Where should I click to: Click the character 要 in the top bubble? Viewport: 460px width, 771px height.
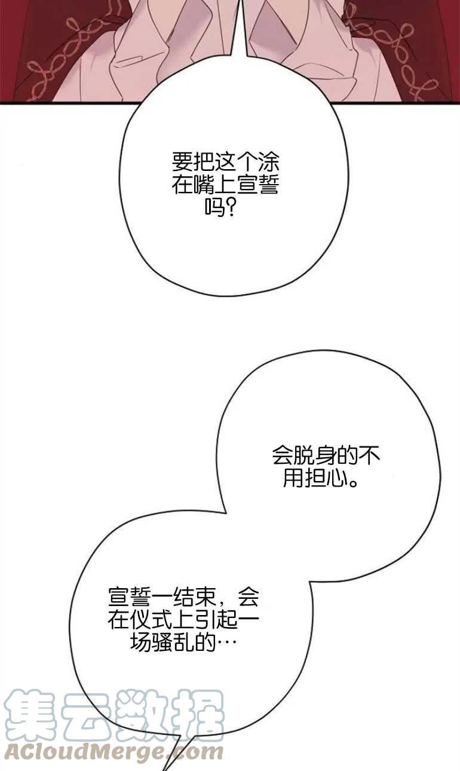pos(182,162)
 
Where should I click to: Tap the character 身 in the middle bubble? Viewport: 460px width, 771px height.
pos(326,455)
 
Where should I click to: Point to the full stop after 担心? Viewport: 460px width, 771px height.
pos(352,482)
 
